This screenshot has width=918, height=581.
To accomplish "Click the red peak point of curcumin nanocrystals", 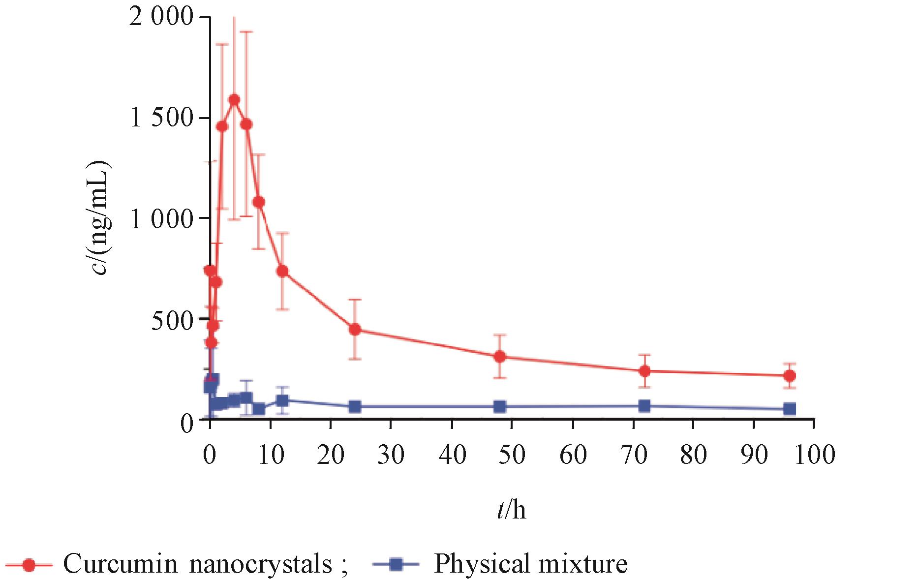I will (x=234, y=100).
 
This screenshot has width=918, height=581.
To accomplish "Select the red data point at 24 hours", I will (x=355, y=329).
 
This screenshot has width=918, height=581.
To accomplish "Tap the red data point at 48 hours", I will (x=500, y=357).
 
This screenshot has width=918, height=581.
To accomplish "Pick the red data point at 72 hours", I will (x=644, y=371).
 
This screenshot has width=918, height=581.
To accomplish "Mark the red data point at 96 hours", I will (x=790, y=376).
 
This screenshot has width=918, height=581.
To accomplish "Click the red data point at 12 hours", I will (x=282, y=271).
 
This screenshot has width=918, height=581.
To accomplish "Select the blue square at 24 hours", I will (x=355, y=407).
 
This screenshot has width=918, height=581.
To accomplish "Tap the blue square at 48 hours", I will (x=500, y=407).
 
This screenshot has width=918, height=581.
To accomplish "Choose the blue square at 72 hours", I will (x=644, y=406).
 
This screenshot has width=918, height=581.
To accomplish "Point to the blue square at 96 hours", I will (x=790, y=409).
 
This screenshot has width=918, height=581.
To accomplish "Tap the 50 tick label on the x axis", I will (x=512, y=455).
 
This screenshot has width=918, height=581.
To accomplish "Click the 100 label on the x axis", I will (x=814, y=455).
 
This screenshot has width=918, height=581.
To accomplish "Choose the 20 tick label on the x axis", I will (x=331, y=455).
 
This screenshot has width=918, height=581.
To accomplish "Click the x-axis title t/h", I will (x=511, y=510).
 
